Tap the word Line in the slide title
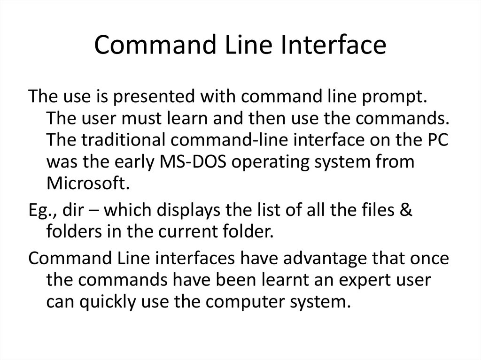pos(238,46)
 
